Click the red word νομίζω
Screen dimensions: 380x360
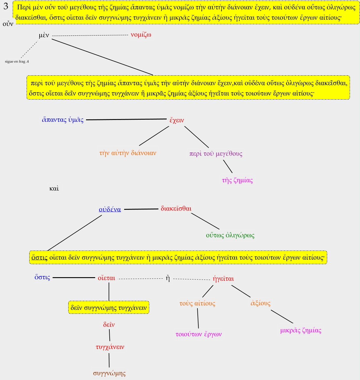point(141,35)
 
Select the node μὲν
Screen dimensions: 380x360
point(44,35)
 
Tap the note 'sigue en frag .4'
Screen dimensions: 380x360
point(17,61)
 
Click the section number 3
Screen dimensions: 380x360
point(6,7)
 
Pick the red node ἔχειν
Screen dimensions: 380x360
point(177,120)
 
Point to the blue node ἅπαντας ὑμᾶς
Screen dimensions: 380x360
point(63,120)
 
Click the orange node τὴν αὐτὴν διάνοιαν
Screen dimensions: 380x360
point(128,153)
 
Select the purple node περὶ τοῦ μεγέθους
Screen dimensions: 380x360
point(216,154)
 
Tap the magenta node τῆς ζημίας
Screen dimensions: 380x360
point(237,180)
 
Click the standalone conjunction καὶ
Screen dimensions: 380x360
point(54,189)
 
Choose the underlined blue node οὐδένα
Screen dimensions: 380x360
point(110,210)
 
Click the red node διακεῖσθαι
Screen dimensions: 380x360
point(176,209)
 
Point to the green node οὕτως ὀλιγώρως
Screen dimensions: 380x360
point(230,236)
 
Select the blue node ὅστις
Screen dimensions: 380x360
point(42,277)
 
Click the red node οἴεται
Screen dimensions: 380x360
point(106,278)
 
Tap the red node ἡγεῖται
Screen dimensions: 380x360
point(223,279)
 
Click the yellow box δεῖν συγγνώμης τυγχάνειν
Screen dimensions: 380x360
point(109,308)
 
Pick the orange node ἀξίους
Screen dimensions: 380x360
point(260,303)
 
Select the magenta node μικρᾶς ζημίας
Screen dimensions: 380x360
point(301,331)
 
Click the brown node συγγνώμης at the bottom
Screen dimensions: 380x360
point(109,373)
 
